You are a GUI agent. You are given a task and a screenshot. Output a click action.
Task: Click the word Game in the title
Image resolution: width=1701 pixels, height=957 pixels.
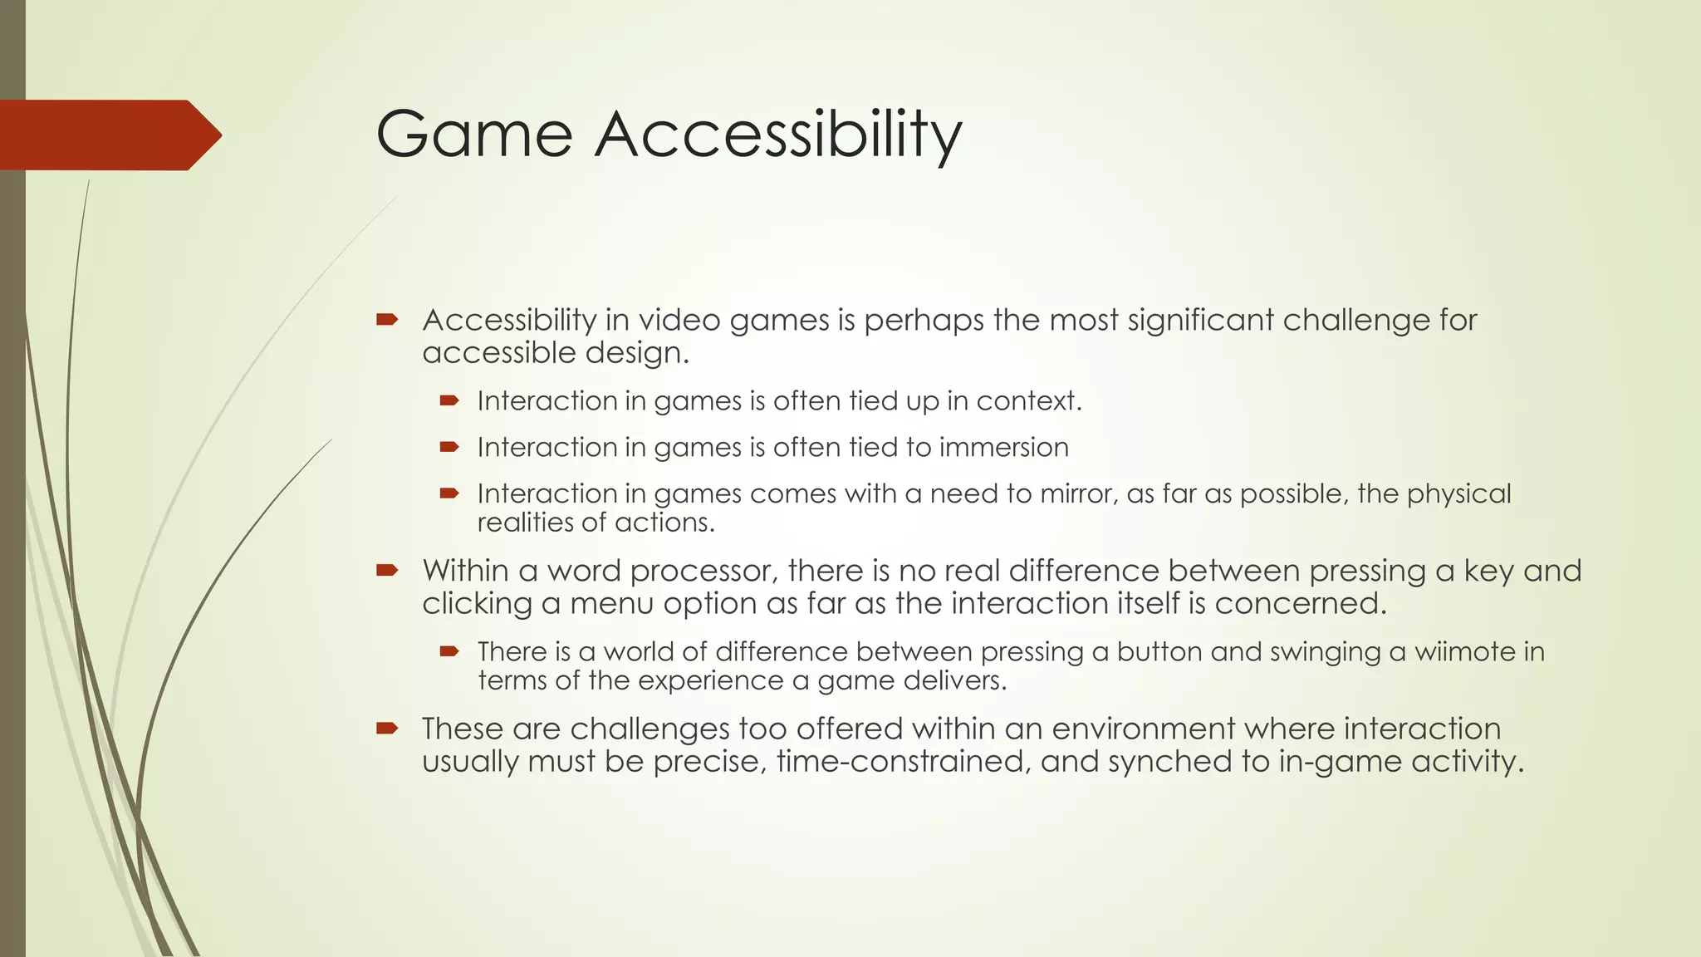(474, 135)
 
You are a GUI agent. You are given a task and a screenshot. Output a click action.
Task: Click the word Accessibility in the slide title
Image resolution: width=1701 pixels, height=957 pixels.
(778, 135)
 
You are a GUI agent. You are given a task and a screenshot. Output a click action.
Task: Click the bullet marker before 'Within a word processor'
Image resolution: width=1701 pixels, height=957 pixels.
(387, 570)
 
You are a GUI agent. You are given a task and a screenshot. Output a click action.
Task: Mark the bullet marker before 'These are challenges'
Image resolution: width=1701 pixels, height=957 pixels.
(387, 729)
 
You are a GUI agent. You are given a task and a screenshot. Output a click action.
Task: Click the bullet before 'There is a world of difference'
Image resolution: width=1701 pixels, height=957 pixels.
(449, 651)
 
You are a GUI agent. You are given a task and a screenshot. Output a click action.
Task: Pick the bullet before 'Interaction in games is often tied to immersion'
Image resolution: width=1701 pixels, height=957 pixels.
(449, 447)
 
